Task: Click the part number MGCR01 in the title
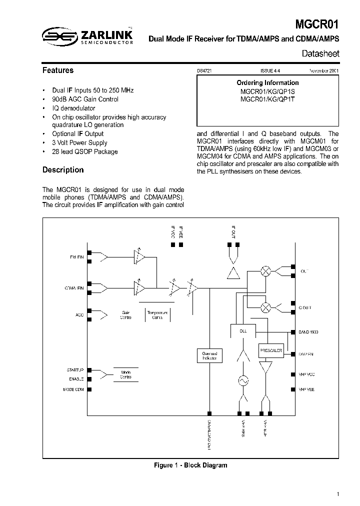coord(317,24)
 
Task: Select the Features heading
coord(58,70)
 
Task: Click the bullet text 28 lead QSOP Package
coord(85,151)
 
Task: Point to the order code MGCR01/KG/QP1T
coord(267,99)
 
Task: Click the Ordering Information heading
coord(267,83)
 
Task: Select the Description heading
coord(63,170)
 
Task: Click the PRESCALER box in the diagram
coord(271,350)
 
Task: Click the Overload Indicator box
coord(209,356)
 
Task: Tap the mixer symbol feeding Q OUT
coord(266,307)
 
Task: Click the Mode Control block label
coord(126,374)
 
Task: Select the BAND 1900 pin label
coord(308,332)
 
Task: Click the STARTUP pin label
coord(75,369)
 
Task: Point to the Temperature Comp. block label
coord(157,315)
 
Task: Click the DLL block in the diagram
coord(243,331)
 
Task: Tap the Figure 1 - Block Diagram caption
coord(190,465)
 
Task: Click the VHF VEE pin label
coord(307,389)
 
